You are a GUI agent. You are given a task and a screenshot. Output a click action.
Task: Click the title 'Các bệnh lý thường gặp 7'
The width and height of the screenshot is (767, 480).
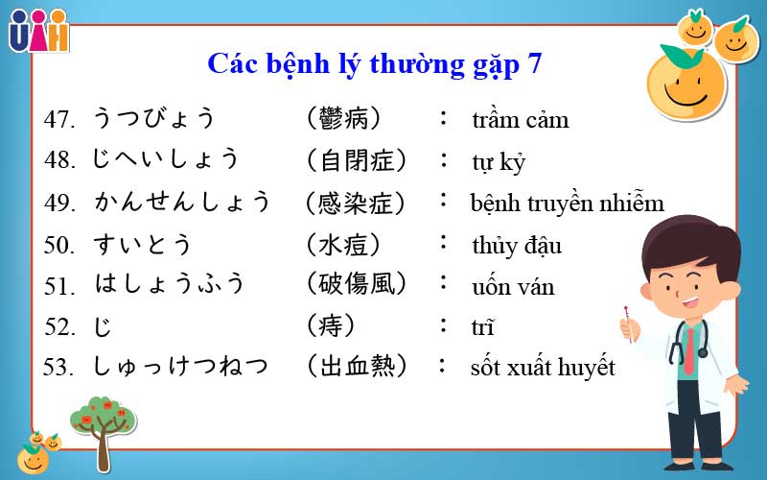(374, 64)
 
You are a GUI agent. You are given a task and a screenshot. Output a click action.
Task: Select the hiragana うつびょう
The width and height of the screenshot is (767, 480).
(153, 119)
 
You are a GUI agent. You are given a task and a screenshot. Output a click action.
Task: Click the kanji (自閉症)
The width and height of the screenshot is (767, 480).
(356, 160)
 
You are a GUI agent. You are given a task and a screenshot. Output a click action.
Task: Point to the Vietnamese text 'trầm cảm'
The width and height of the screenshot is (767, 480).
(520, 120)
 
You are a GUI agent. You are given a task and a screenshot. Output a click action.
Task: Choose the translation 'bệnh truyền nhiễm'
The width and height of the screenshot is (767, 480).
(567, 204)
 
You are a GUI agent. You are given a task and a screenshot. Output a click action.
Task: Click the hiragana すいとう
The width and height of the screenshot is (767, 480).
(143, 245)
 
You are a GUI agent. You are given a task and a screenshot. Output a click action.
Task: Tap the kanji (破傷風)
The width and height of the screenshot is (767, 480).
(356, 284)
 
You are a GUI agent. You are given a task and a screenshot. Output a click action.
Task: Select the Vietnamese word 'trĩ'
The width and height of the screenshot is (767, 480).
(482, 327)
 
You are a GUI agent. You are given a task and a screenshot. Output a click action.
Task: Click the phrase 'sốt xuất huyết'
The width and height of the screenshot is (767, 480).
(542, 367)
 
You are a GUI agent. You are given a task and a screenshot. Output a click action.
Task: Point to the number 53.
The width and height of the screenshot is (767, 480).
(59, 368)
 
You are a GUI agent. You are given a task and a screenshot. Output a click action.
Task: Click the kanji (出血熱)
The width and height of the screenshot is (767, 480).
(356, 366)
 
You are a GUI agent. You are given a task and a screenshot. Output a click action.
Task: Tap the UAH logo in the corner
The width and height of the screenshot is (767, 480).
(38, 31)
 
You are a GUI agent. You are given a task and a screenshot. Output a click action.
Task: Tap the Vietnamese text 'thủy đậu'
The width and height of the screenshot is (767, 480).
(517, 245)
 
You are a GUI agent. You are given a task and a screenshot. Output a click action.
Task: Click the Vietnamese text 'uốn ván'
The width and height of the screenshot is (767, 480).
(513, 286)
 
